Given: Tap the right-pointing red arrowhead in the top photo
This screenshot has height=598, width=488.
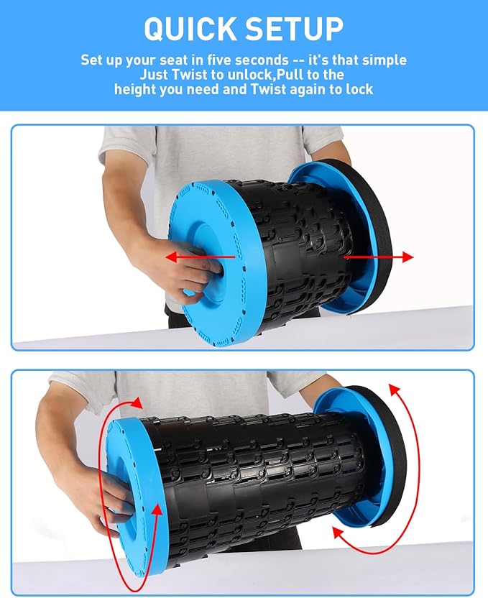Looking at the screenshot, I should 408,257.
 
